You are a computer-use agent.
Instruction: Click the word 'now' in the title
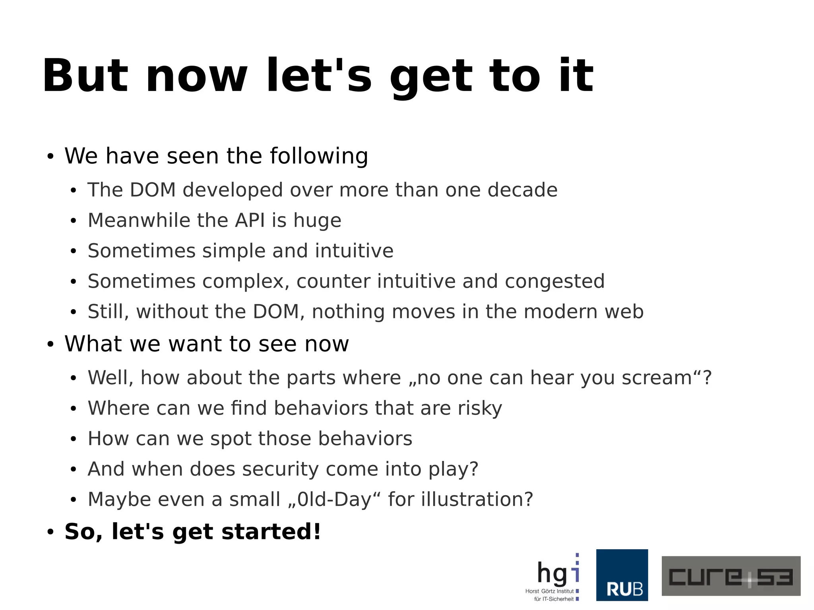click(196, 76)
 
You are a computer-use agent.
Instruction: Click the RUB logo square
click(622, 575)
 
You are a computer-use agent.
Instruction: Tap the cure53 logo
click(731, 576)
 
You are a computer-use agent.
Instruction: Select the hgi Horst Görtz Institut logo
click(553, 577)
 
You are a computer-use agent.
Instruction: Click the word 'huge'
click(317, 221)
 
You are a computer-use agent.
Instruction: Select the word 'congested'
click(554, 282)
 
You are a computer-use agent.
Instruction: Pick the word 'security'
click(280, 470)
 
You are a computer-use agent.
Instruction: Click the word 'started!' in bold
click(271, 532)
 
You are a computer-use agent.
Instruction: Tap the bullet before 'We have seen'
click(50, 157)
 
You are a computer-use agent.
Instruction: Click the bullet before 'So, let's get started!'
click(50, 533)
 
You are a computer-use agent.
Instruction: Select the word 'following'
click(319, 156)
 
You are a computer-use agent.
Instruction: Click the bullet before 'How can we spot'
click(73, 440)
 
